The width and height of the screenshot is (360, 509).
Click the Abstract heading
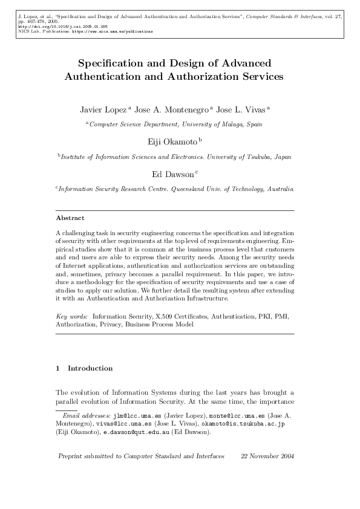click(70, 218)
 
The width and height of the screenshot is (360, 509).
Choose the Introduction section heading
click(90, 368)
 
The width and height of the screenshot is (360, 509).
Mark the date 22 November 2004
click(267, 456)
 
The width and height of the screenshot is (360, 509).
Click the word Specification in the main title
click(114, 63)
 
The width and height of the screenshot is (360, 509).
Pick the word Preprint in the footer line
click(71, 456)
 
